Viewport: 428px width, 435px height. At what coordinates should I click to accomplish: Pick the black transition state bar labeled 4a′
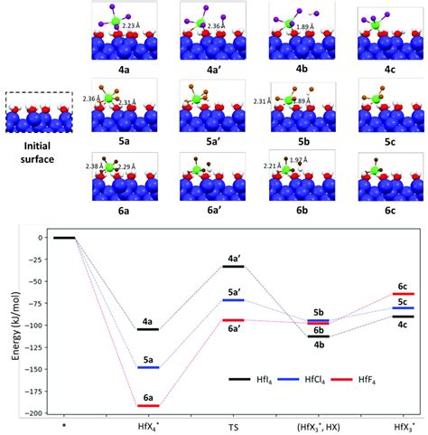pos(233,267)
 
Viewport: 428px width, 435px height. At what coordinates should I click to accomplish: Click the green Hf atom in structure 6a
pos(112,166)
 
